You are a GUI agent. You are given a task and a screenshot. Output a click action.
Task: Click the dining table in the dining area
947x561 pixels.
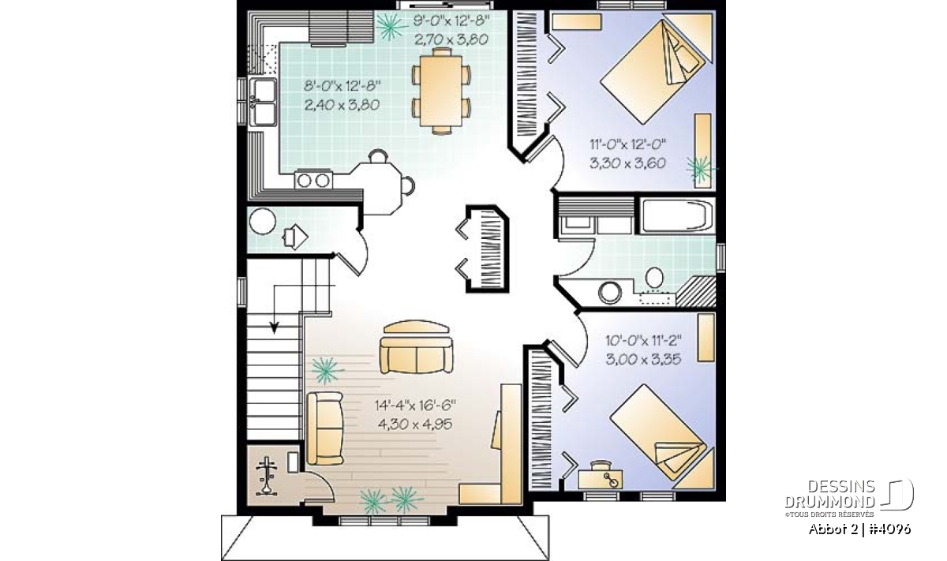pyautogui.click(x=441, y=91)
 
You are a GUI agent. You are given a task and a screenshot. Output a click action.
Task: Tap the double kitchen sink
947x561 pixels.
pyautogui.click(x=263, y=102)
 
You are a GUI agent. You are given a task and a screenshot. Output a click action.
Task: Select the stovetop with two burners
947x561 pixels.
pyautogui.click(x=313, y=181)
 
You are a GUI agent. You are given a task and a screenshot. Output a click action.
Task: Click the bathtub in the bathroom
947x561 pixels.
pyautogui.click(x=676, y=216)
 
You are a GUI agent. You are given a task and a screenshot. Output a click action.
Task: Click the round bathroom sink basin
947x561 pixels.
pyautogui.click(x=609, y=293)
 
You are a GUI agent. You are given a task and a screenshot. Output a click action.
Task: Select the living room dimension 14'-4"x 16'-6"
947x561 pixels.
pyautogui.click(x=415, y=406)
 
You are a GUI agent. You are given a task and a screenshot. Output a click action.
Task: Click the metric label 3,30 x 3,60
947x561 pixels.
pyautogui.click(x=628, y=163)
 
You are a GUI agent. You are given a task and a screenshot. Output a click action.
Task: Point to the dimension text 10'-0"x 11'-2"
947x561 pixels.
pyautogui.click(x=643, y=340)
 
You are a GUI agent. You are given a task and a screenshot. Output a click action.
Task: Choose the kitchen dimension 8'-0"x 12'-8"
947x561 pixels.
pyautogui.click(x=342, y=86)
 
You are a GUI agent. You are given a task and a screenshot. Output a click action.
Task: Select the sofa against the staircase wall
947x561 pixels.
pyautogui.click(x=324, y=428)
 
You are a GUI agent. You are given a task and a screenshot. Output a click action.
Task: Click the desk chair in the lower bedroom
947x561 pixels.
pyautogui.click(x=601, y=465)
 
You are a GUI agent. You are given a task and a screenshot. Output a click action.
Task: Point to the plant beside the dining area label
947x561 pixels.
pyautogui.click(x=390, y=26)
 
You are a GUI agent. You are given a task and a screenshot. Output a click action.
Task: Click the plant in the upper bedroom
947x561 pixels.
pyautogui.click(x=701, y=169)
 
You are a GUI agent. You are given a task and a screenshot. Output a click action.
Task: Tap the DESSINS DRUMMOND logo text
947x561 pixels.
pyautogui.click(x=830, y=493)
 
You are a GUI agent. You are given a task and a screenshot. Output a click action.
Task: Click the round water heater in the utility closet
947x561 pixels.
pyautogui.click(x=263, y=222)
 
